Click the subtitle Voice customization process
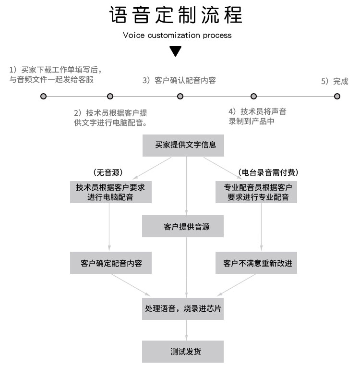(177, 35)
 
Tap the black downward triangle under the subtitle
(176, 50)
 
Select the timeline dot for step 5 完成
(337, 96)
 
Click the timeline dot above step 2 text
(110, 96)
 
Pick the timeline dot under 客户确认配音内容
(180, 96)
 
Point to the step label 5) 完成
(335, 81)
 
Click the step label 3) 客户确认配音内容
(179, 80)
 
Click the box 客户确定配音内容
(111, 263)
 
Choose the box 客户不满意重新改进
(257, 263)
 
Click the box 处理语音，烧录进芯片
(183, 309)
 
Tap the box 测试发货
(183, 352)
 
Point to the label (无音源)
(108, 172)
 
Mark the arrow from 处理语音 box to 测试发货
(186, 330)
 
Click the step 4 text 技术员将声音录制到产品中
(257, 117)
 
